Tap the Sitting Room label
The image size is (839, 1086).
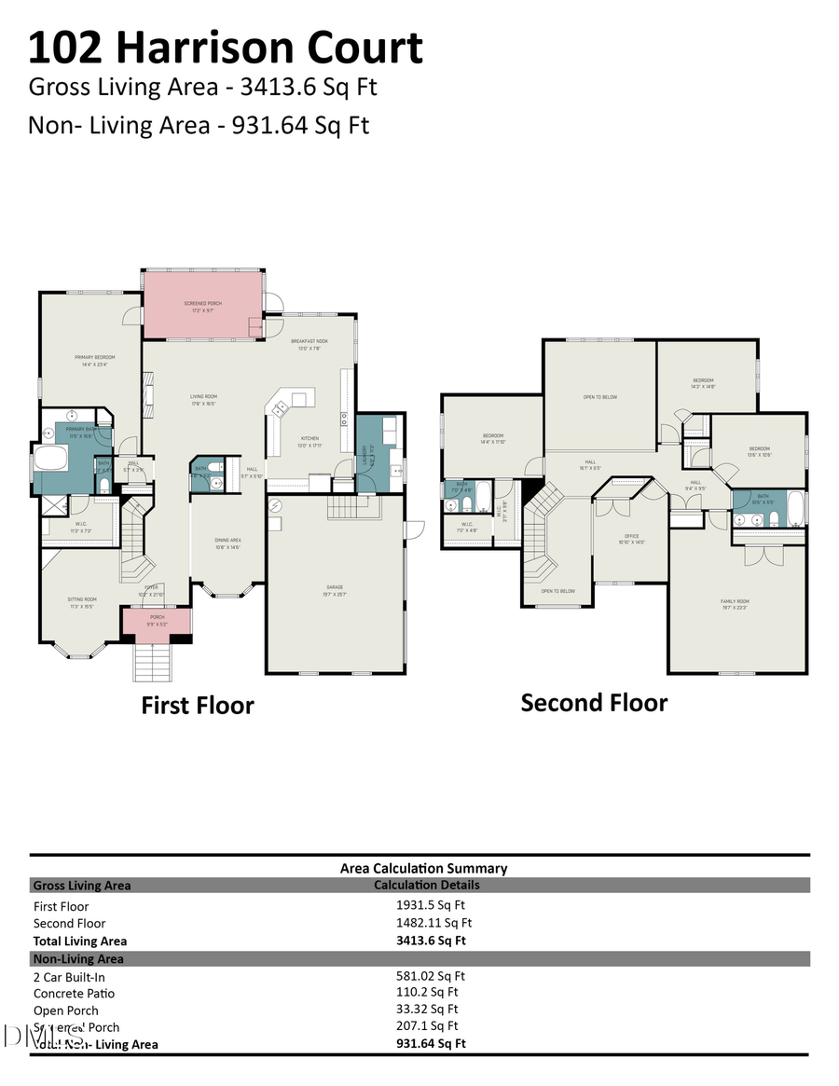(82, 602)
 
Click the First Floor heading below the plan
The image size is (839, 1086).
(197, 706)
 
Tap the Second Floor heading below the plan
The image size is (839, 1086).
(594, 703)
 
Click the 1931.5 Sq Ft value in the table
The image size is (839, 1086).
(431, 904)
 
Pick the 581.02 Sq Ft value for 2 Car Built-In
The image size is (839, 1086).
(431, 976)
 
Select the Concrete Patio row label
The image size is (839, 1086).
(76, 994)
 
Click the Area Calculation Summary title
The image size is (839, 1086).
(423, 868)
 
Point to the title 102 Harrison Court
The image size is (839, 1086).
(226, 47)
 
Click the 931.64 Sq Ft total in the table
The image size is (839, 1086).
(431, 1043)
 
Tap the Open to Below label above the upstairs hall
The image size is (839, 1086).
(600, 398)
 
